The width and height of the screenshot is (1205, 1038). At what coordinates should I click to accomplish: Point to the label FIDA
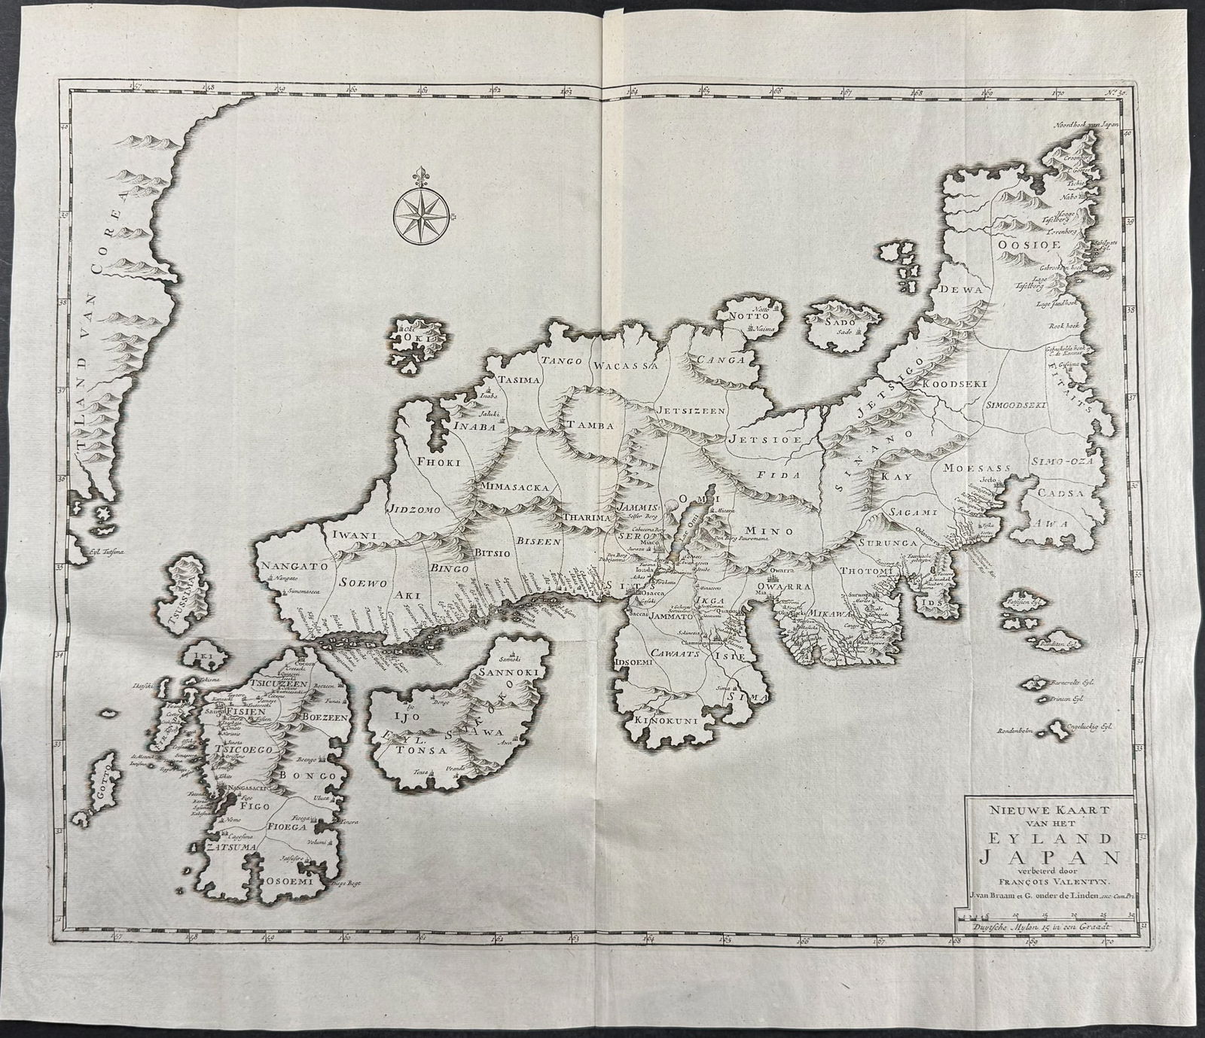771,475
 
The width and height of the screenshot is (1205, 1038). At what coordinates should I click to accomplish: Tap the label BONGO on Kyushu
314,775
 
